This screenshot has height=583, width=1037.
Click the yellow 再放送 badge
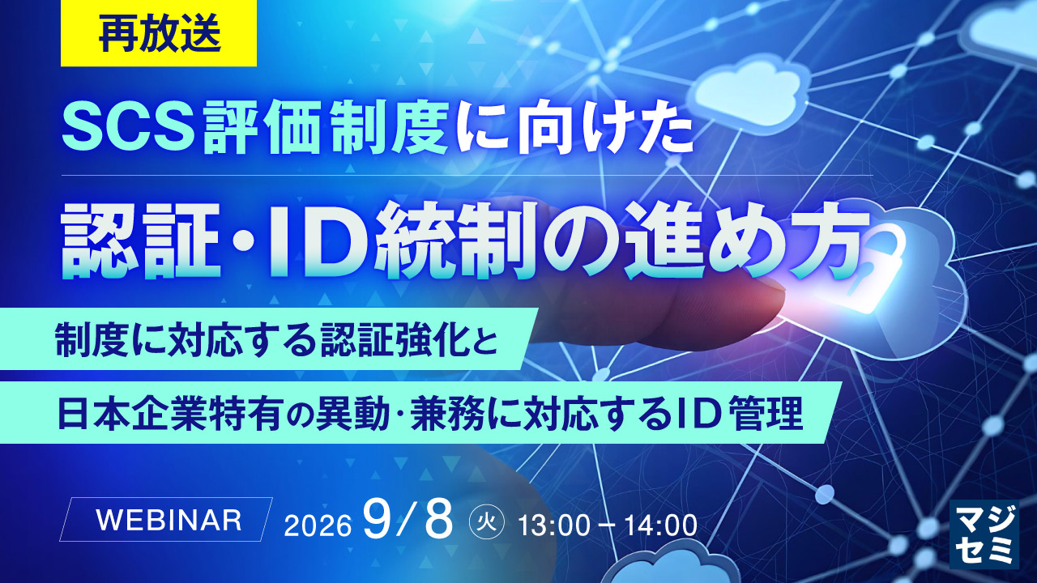pyautogui.click(x=159, y=33)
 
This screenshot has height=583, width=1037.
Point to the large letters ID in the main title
pyautogui.click(x=316, y=244)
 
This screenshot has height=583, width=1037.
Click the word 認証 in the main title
pyautogui.click(x=142, y=243)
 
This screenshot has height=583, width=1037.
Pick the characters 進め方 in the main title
pyautogui.click(x=745, y=243)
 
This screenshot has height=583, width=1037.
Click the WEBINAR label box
pyautogui.click(x=166, y=520)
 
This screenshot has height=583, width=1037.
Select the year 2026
pyautogui.click(x=318, y=526)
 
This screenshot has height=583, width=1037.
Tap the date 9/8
pyautogui.click(x=408, y=520)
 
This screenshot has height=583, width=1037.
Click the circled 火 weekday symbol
pyautogui.click(x=486, y=523)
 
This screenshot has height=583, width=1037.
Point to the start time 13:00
pyautogui.click(x=553, y=526)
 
